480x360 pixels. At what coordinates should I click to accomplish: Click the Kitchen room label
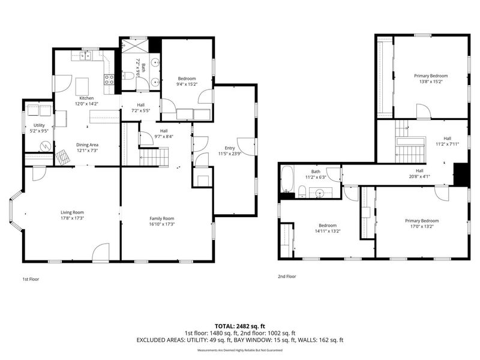[86, 98]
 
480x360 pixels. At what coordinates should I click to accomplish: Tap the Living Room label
[72, 212]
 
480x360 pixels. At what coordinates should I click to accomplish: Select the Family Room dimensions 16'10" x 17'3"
[162, 224]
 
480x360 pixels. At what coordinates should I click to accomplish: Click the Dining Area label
[87, 145]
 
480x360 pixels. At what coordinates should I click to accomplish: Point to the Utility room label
[39, 125]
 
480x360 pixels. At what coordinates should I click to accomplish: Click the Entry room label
[230, 148]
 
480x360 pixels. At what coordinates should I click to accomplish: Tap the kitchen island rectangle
[82, 86]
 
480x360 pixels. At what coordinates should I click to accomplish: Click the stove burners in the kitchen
[109, 80]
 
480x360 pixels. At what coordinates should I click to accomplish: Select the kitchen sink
[85, 56]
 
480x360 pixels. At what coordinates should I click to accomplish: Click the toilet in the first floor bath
[127, 76]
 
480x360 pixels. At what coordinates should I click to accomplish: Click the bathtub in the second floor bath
[287, 179]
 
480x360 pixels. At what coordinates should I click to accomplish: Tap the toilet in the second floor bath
[302, 191]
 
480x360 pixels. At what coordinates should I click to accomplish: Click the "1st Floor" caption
[31, 279]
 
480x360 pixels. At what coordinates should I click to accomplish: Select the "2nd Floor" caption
[287, 277]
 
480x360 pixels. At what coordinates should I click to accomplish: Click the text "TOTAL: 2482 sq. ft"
[239, 326]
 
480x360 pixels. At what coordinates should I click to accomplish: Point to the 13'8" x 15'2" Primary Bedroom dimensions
[431, 82]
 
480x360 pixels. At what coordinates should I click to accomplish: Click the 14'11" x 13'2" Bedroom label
[328, 231]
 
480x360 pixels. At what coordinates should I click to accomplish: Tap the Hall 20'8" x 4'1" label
[419, 173]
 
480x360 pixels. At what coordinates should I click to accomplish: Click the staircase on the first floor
[154, 157]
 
